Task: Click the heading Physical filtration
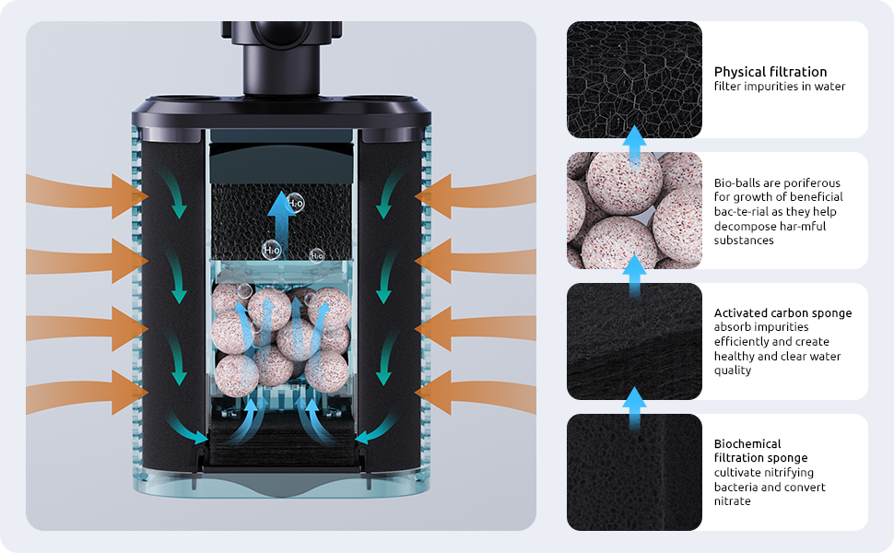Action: click(770, 72)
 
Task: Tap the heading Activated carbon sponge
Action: click(782, 313)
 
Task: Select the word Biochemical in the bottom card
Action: click(747, 443)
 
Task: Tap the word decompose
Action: click(744, 226)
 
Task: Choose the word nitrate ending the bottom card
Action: click(733, 501)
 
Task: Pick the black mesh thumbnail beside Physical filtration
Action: click(634, 79)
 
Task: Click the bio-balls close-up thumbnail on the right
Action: click(634, 210)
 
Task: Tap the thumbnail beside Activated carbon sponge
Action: click(634, 341)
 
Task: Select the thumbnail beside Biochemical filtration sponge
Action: click(634, 472)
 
